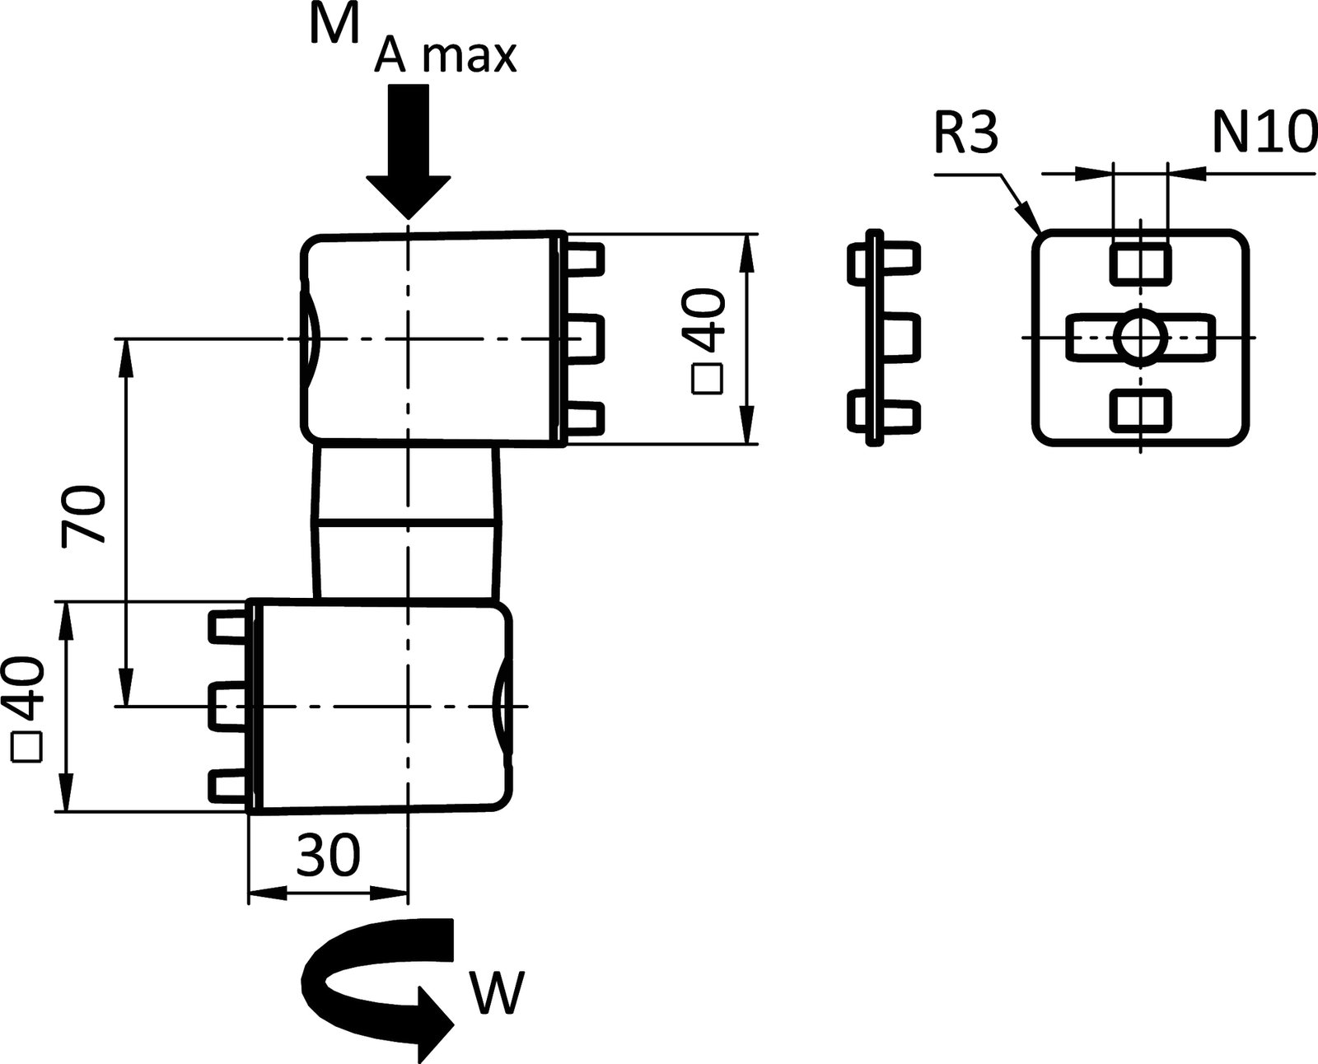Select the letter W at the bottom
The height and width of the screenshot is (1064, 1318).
pyautogui.click(x=498, y=994)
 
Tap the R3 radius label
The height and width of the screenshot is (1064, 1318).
pyautogui.click(x=966, y=134)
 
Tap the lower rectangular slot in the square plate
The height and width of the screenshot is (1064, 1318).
pyautogui.click(x=1140, y=411)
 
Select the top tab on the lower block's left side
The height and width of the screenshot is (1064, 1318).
pyautogui.click(x=228, y=628)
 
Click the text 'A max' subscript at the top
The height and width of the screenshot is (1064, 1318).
pyautogui.click(x=445, y=58)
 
